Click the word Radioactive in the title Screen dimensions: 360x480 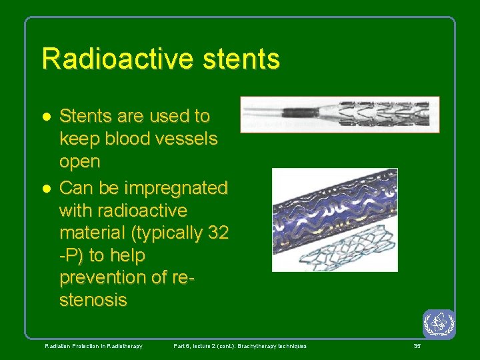[109, 59]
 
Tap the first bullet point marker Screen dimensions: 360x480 [46, 117]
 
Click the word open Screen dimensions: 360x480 [80, 162]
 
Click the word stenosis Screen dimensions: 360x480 [93, 301]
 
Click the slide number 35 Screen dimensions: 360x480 [417, 346]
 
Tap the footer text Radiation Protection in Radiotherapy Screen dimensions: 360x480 [93, 346]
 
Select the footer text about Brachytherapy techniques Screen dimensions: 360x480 [240, 346]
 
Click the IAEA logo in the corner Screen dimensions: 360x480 [439, 324]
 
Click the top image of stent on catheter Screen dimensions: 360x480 [340, 114]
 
